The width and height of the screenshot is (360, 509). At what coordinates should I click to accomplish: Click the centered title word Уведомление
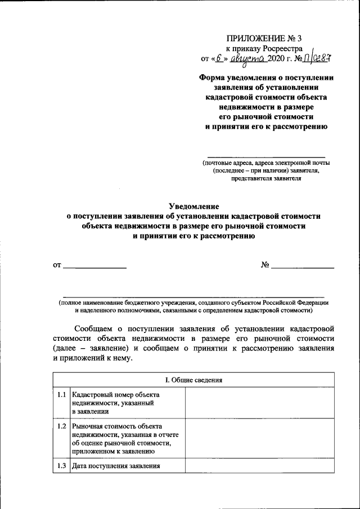point(193,206)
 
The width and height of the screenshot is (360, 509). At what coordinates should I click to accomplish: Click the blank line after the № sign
point(303,267)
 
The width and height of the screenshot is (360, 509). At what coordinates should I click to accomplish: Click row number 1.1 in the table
point(61,395)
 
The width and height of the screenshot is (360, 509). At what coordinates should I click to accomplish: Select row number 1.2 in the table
point(61,426)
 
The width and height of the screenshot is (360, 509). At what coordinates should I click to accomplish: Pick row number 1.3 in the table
point(61,466)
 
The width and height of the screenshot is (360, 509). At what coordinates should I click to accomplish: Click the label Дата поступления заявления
point(116,466)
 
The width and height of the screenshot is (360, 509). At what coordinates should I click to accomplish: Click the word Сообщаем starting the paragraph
point(94,328)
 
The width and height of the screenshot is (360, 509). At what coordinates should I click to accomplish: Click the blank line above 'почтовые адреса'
point(267,156)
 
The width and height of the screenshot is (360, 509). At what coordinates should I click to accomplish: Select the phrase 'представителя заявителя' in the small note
point(266,179)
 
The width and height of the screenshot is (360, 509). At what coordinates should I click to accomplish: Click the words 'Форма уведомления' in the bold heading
point(233,78)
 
